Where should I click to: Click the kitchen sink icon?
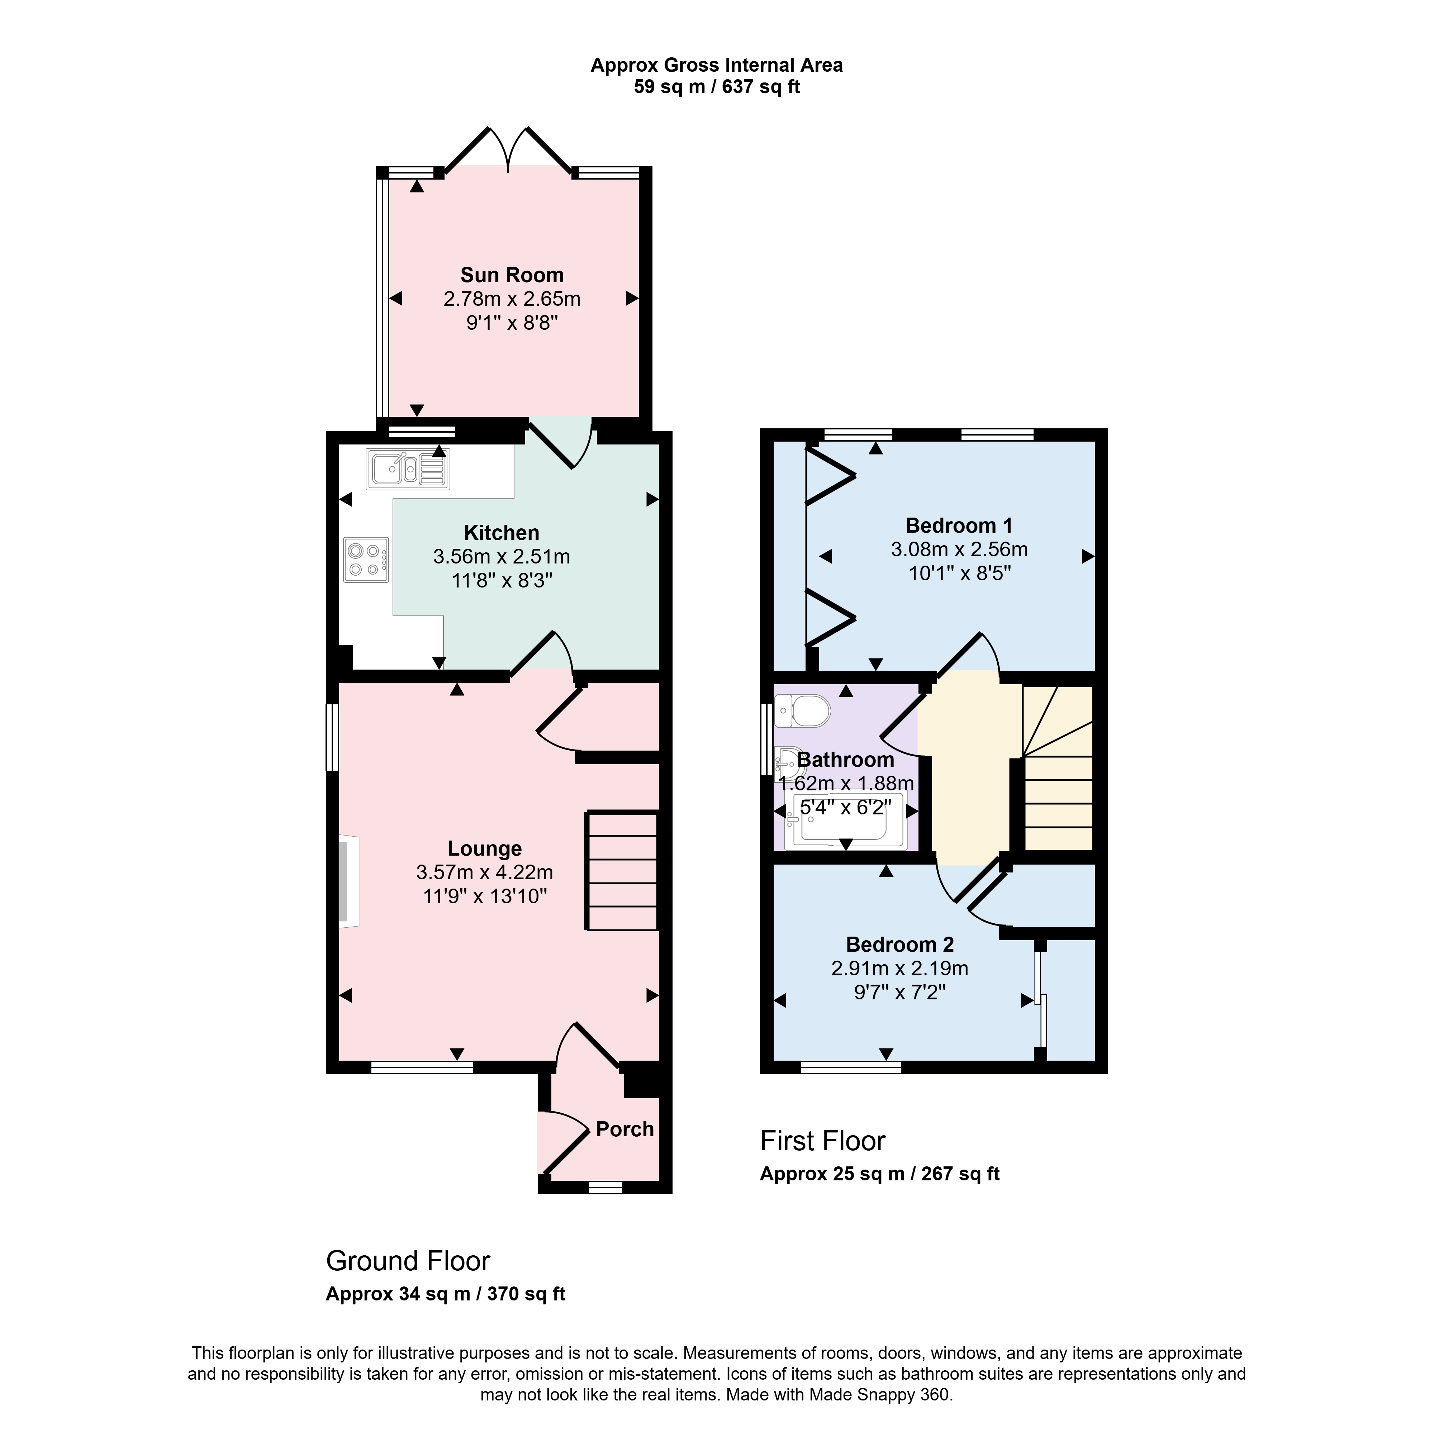408,469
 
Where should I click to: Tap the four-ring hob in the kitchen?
366,560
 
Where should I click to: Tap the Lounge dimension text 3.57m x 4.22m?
485,872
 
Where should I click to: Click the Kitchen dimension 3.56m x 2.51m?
502,556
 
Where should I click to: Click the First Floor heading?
822,1141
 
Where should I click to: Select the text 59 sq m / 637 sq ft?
717,87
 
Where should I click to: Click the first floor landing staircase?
1058,768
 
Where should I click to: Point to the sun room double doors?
508,152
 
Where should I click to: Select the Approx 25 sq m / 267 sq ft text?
879,1174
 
